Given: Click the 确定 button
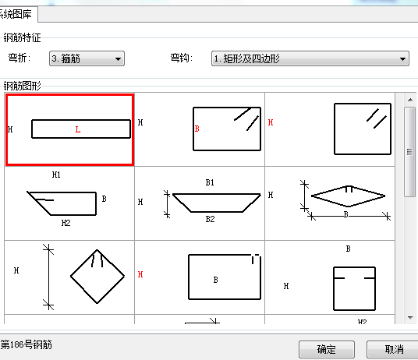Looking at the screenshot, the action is [327, 349].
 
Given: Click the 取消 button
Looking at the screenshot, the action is [392, 349].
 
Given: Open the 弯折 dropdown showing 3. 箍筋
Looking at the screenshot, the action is [87, 58].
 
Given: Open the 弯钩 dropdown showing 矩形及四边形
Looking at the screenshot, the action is [310, 58].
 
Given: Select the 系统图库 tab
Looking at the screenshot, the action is [18, 14].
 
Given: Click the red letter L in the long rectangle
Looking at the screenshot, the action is [77, 129].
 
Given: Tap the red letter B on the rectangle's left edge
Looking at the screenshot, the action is [197, 129].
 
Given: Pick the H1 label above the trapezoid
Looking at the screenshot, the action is [56, 175].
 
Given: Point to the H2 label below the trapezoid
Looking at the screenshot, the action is [66, 223].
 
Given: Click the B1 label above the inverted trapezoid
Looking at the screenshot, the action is [210, 182].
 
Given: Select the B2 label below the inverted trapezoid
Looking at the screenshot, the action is [210, 219].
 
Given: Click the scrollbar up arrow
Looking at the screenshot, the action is [410, 100].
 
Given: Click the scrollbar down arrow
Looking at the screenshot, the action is [410, 318].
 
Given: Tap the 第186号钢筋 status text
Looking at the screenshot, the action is [27, 345].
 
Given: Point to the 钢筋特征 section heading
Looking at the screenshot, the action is [22, 37].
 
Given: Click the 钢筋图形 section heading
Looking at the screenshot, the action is [22, 86].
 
